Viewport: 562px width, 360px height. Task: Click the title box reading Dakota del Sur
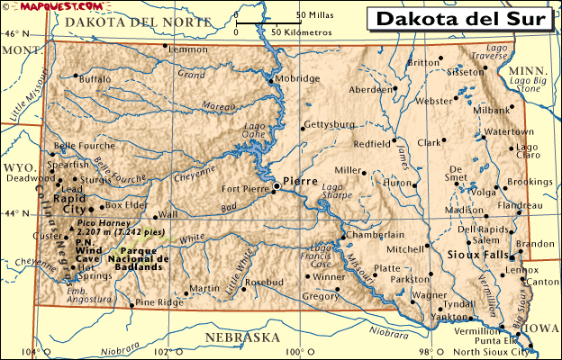[x=459, y=18]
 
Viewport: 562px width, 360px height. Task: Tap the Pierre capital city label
[x=299, y=180]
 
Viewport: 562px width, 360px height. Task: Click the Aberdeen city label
[x=369, y=90]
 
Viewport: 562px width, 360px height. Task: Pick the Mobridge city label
[x=297, y=79]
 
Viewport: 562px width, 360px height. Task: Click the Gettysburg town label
[x=329, y=124]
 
